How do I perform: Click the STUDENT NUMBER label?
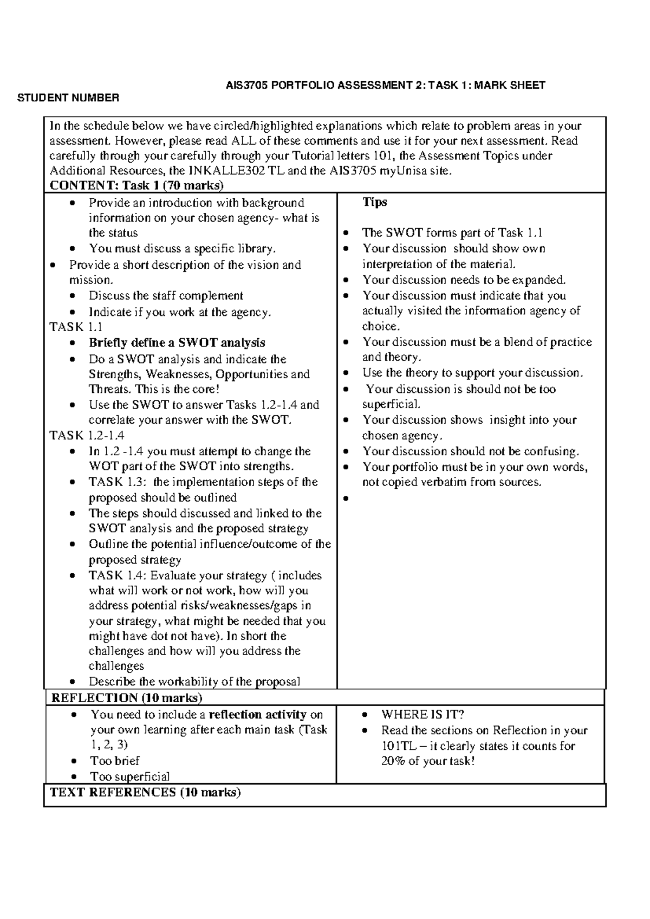tap(68, 98)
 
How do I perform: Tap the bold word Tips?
tap(374, 202)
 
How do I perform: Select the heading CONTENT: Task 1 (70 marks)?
tap(136, 185)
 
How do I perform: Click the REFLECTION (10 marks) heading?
tap(127, 697)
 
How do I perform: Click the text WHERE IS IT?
tap(422, 714)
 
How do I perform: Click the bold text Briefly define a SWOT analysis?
tap(177, 342)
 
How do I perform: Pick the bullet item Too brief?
tap(115, 760)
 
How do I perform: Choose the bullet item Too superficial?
tap(130, 776)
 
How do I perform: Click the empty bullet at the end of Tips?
tap(345, 498)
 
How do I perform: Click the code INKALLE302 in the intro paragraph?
tap(235, 171)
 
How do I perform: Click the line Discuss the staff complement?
tap(166, 296)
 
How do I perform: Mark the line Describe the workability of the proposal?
tap(194, 682)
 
